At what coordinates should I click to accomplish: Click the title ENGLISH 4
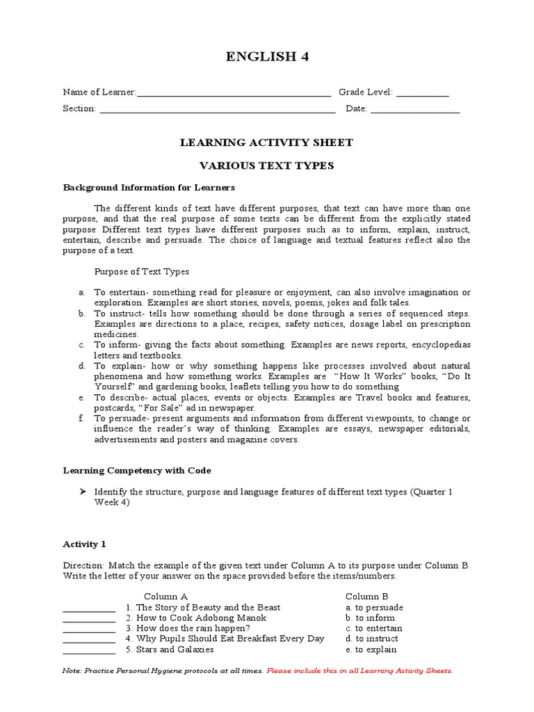click(x=267, y=58)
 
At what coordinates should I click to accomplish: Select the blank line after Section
click(x=218, y=112)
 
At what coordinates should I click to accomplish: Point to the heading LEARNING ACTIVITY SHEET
click(x=267, y=143)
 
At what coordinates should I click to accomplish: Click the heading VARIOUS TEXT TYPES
click(x=267, y=165)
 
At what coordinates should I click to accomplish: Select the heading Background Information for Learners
click(x=149, y=188)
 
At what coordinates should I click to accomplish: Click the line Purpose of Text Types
click(x=142, y=271)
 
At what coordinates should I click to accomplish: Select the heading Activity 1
click(x=85, y=544)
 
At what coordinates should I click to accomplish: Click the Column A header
click(x=165, y=596)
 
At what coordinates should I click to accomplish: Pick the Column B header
click(x=367, y=596)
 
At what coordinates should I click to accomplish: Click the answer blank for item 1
click(x=89, y=608)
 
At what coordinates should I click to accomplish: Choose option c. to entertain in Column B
click(x=373, y=628)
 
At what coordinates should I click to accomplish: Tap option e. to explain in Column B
click(x=371, y=649)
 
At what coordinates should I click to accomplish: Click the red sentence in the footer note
click(x=359, y=671)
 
